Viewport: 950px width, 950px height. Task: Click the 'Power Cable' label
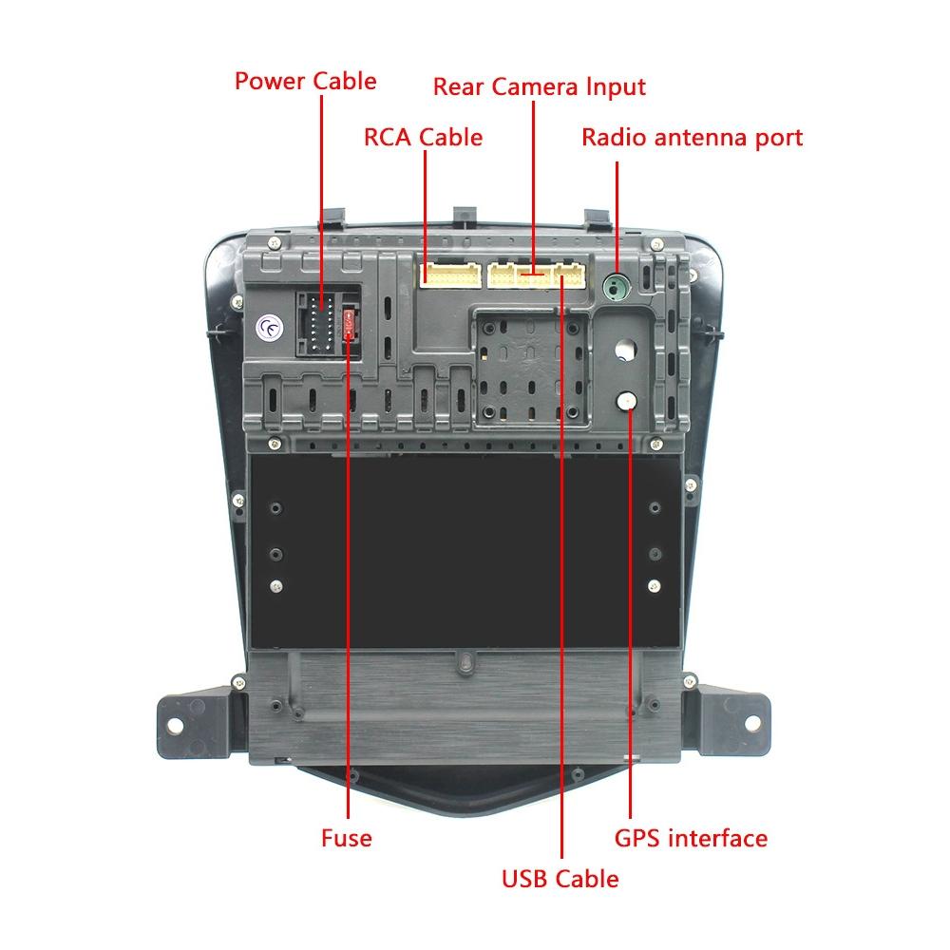point(305,81)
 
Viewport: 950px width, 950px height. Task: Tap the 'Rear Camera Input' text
point(539,86)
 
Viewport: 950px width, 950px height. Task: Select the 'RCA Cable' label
point(423,138)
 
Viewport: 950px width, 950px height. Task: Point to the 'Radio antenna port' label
point(692,138)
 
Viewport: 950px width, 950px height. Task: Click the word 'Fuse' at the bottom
point(346,838)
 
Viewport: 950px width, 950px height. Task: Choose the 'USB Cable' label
point(560,879)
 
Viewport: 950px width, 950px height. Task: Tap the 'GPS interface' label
point(691,838)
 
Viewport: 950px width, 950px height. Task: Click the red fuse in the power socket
point(351,323)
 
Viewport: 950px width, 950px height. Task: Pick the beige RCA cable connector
point(448,276)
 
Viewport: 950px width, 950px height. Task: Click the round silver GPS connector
point(626,402)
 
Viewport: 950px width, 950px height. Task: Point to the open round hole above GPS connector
point(625,350)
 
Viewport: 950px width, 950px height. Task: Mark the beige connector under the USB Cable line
point(570,276)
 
